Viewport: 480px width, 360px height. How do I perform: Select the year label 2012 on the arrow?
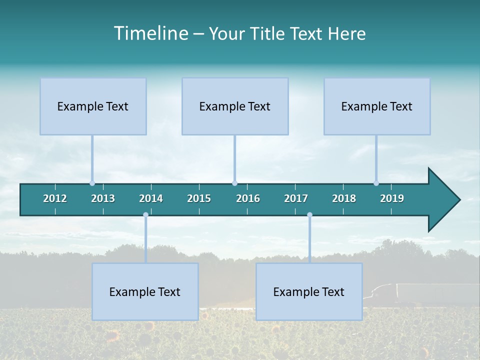55,198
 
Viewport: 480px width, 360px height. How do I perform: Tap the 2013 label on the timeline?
103,198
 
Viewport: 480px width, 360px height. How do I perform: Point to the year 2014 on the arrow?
151,198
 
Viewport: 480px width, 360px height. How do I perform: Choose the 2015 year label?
199,198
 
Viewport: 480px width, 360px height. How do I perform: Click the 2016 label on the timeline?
248,198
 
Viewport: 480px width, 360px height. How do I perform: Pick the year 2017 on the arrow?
296,198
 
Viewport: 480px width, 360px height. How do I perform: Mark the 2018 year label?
344,198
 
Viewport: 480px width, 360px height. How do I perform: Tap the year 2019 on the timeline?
392,198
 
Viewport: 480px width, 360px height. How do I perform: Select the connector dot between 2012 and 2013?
92,183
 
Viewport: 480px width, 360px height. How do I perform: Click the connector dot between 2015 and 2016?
234,183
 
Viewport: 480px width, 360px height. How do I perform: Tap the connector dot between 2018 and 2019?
376,183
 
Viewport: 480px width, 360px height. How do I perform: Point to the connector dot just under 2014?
145,215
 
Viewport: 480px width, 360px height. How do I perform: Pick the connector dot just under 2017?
309,215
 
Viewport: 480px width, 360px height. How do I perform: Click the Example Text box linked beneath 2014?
145,291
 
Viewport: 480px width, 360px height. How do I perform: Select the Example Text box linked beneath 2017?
309,291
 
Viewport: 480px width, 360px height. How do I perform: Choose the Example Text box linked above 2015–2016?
235,106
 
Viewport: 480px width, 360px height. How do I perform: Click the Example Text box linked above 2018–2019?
377,106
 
